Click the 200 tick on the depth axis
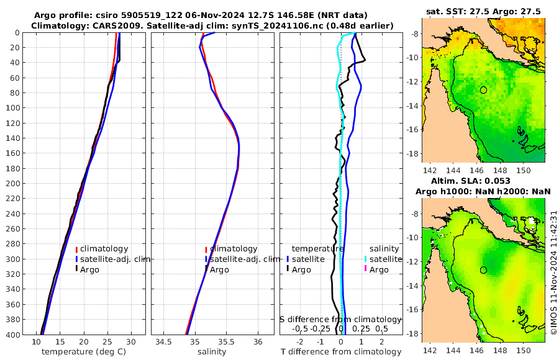tap(13, 184)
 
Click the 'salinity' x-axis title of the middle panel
tap(212, 352)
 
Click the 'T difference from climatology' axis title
tap(341, 352)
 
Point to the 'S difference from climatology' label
tap(340, 318)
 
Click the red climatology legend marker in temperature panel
tap(76, 249)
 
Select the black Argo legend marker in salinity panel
tap(206, 269)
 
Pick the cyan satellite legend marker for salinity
tap(366, 259)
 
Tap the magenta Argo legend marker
tap(366, 269)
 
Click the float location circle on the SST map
tap(484, 90)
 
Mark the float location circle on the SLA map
tap(484, 270)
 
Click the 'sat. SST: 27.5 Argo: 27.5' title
tap(484, 11)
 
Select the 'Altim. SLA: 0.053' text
tap(484, 181)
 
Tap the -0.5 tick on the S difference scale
tap(301, 328)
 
